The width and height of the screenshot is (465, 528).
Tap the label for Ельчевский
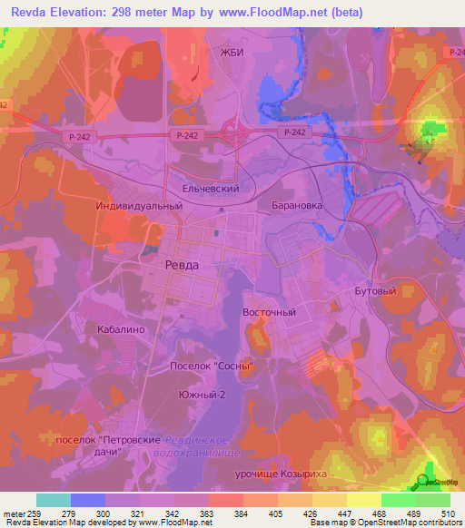[x=212, y=189]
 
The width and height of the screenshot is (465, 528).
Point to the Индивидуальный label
[x=140, y=206]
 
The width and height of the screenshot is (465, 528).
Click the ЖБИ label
[x=233, y=53]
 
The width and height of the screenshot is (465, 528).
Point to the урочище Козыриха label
[x=306, y=474]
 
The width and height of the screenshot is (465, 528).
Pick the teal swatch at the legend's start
[x=54, y=500]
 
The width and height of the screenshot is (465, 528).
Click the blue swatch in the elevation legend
[x=88, y=500]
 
